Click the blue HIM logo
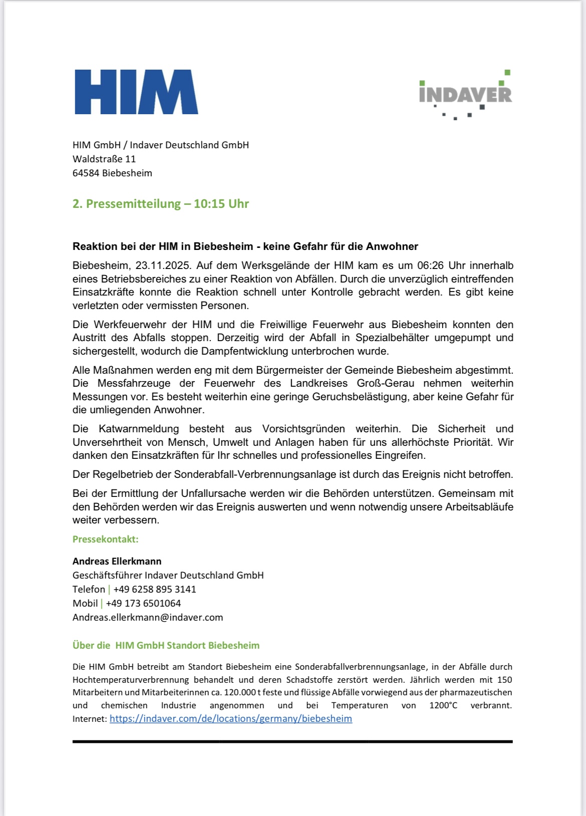pyautogui.click(x=136, y=92)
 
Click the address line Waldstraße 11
pyautogui.click(x=104, y=159)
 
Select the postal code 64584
pyautogui.click(x=86, y=173)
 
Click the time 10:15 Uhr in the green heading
pyautogui.click(x=221, y=204)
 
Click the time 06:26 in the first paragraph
pyautogui.click(x=430, y=265)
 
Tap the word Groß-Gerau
pyautogui.click(x=385, y=384)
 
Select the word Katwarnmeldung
pyautogui.click(x=139, y=429)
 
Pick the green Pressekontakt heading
pyautogui.click(x=106, y=539)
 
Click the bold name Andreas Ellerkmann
pyautogui.click(x=117, y=562)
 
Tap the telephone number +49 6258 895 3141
pyautogui.click(x=155, y=590)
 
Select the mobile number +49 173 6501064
pyautogui.click(x=143, y=604)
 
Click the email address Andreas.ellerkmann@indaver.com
pyautogui.click(x=148, y=618)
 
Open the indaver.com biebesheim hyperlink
pyautogui.click(x=231, y=719)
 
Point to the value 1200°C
pyautogui.click(x=443, y=706)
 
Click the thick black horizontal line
pyautogui.click(x=292, y=741)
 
